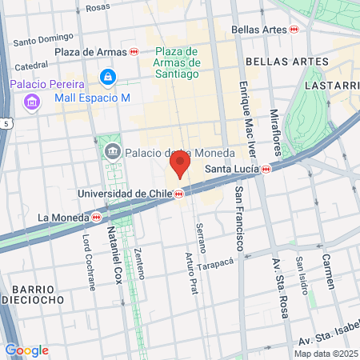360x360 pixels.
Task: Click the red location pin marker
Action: (x=179, y=166)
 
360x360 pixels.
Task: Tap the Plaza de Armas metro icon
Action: (x=134, y=52)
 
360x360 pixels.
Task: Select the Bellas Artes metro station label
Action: (x=259, y=29)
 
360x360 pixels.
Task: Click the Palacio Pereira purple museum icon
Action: (x=32, y=101)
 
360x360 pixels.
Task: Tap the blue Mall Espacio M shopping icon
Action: (x=107, y=77)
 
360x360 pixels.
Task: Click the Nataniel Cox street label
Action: (x=110, y=256)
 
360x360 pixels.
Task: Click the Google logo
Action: (x=26, y=350)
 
